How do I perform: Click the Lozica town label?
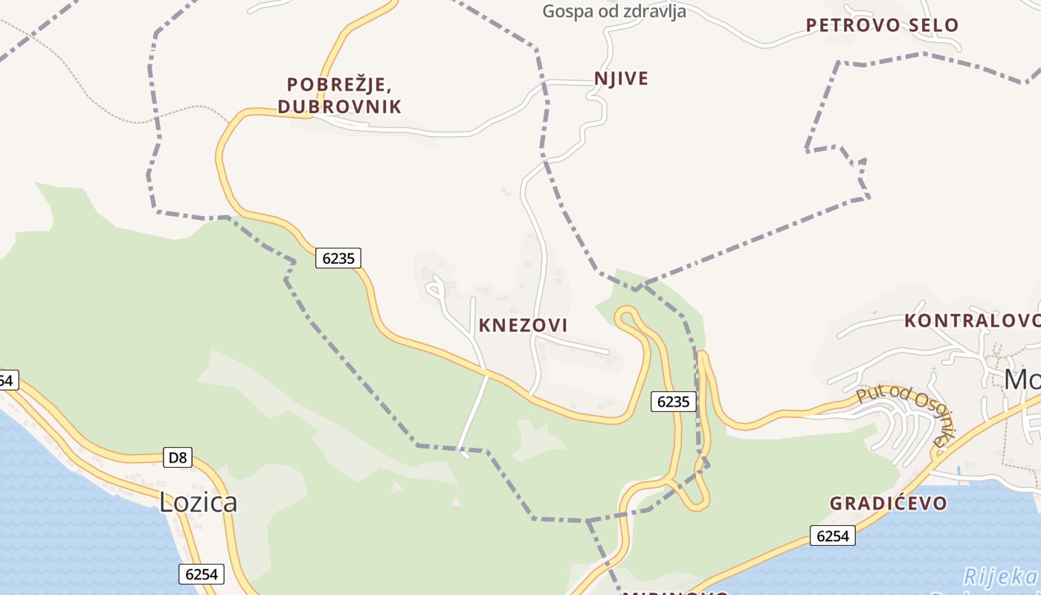tap(198, 502)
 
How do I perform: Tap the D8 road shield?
tap(178, 457)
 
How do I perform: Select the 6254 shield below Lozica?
tap(202, 574)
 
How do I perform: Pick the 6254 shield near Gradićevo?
tap(833, 535)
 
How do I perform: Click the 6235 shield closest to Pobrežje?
tap(338, 258)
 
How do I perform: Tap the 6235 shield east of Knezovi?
tap(674, 402)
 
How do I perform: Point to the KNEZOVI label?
tap(523, 325)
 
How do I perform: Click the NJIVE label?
tap(621, 79)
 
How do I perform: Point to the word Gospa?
tap(564, 11)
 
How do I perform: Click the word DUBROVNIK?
tap(339, 106)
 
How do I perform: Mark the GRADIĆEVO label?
tap(888, 504)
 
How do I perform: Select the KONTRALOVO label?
tap(971, 321)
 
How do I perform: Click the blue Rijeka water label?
tap(1000, 576)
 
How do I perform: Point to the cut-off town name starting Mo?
tap(1022, 379)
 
